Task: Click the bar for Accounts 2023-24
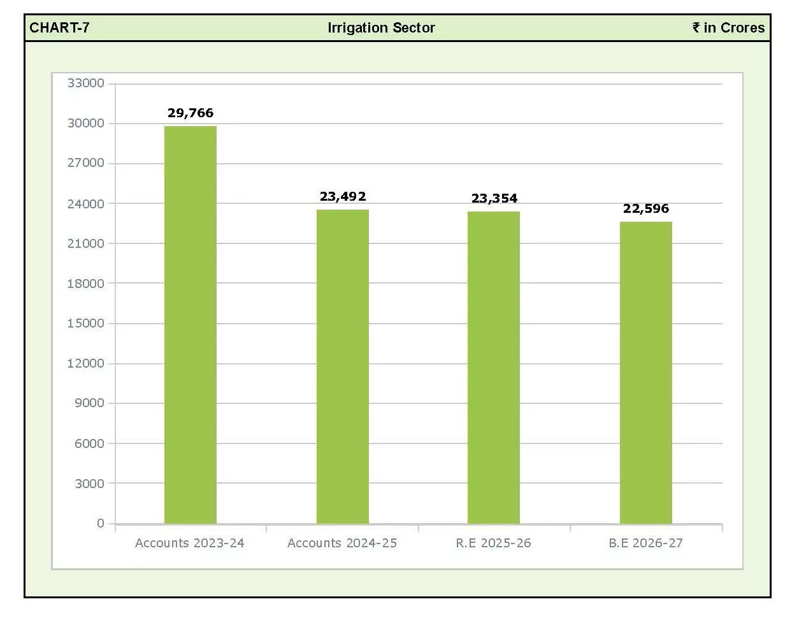click(x=191, y=325)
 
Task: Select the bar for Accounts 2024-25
click(x=343, y=366)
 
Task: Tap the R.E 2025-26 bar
click(x=494, y=368)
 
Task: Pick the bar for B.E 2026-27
click(x=646, y=373)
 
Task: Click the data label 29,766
click(x=191, y=113)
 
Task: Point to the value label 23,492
click(x=343, y=196)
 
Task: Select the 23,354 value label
click(x=494, y=198)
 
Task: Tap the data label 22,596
click(x=646, y=208)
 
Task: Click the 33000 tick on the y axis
click(x=86, y=83)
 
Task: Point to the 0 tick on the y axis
click(x=101, y=523)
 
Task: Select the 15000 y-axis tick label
click(x=86, y=323)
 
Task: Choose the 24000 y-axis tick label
click(x=86, y=204)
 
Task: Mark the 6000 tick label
click(x=89, y=443)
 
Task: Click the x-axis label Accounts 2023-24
click(x=190, y=543)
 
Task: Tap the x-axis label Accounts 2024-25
click(x=342, y=543)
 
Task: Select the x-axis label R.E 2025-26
click(x=494, y=543)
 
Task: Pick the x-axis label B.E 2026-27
click(x=646, y=543)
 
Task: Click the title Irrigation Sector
click(x=381, y=28)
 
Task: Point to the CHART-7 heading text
click(x=59, y=28)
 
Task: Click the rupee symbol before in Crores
click(x=696, y=27)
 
